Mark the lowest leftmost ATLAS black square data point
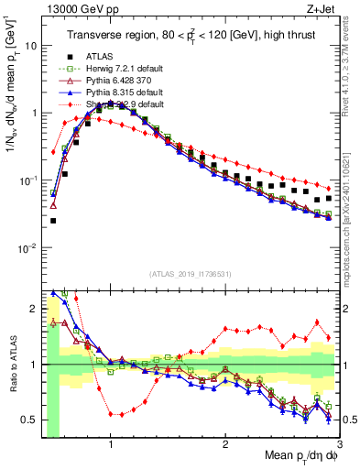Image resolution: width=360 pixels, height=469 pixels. click(x=53, y=221)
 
